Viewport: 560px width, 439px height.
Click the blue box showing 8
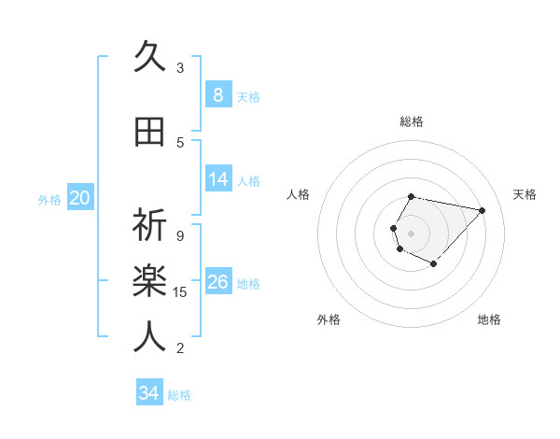(x=217, y=94)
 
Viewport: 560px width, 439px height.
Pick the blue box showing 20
(x=80, y=197)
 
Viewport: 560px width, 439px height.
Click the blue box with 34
(x=148, y=393)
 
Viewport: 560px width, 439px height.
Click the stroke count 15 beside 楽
(x=180, y=292)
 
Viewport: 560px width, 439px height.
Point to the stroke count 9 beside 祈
(x=179, y=235)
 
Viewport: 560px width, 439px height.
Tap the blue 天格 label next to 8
(x=248, y=97)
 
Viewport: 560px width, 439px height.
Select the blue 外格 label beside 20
(x=49, y=200)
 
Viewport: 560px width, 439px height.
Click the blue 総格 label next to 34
(x=179, y=395)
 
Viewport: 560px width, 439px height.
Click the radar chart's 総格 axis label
(x=412, y=121)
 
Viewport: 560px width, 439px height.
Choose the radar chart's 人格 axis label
(x=299, y=194)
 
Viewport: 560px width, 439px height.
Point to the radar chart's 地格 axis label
(x=489, y=319)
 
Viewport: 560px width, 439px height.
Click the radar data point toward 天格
(x=482, y=210)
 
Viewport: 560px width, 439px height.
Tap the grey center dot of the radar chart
(x=411, y=233)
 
